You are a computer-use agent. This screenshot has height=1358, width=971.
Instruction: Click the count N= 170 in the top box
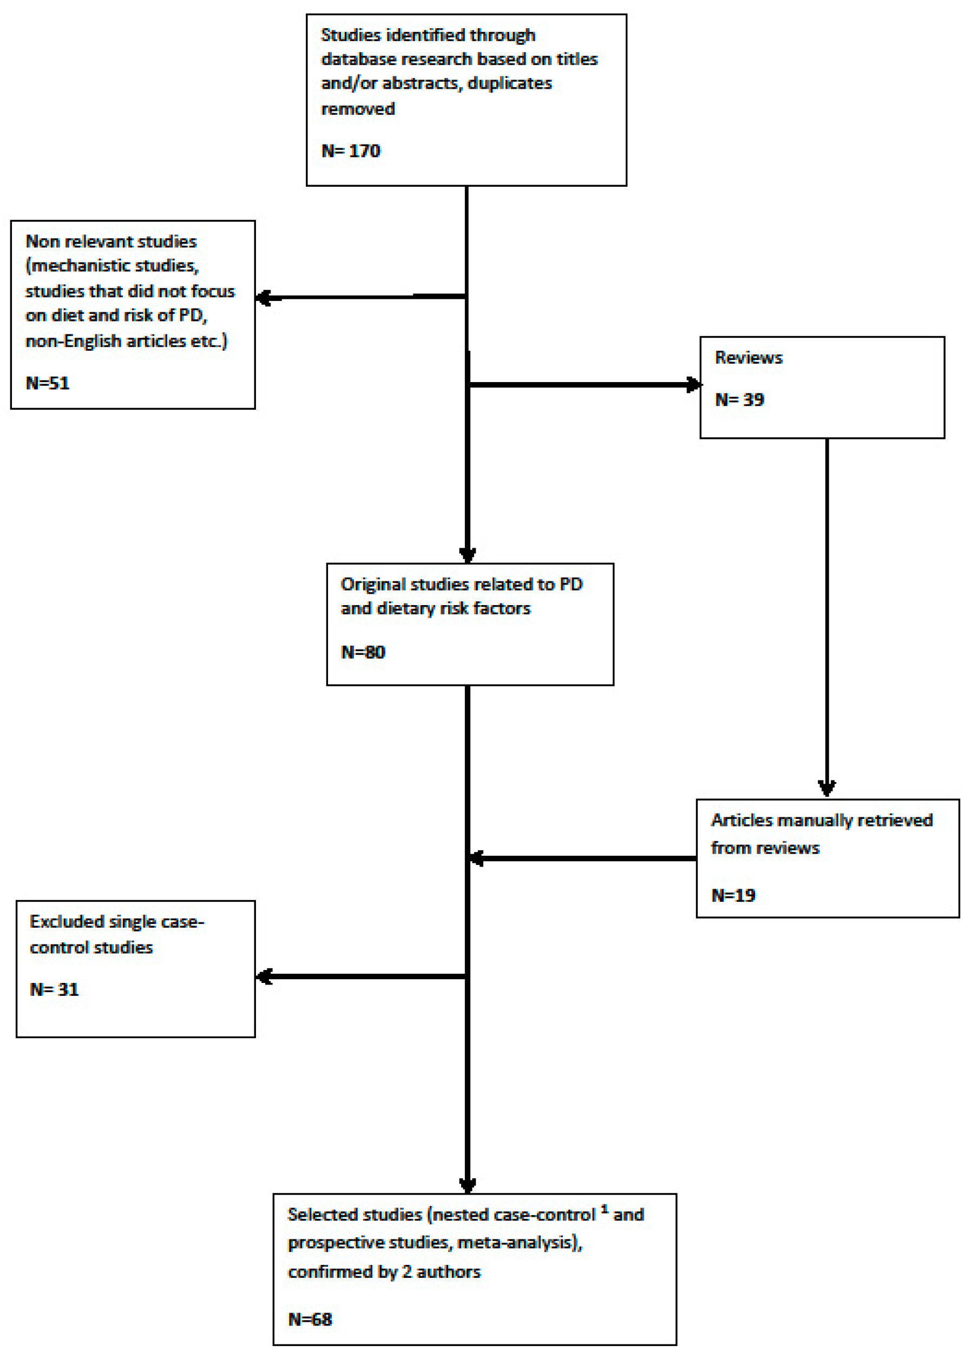(350, 150)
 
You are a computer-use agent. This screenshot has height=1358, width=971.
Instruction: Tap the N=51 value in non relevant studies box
(47, 383)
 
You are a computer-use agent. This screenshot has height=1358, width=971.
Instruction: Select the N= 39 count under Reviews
(739, 399)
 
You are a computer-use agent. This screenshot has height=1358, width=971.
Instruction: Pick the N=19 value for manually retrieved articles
(732, 895)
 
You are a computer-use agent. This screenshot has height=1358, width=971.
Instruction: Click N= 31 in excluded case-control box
(54, 989)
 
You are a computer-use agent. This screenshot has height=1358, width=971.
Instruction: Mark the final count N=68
(309, 1319)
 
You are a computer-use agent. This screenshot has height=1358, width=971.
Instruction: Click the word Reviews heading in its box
(748, 358)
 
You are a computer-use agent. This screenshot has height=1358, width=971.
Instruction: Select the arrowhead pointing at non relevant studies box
(264, 297)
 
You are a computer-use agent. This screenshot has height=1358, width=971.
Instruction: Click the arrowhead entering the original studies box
(468, 554)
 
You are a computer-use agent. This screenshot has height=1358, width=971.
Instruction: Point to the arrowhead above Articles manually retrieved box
(827, 788)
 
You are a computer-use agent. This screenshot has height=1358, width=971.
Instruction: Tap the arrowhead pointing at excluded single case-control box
(264, 976)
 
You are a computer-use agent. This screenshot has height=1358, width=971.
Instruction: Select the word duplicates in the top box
(509, 83)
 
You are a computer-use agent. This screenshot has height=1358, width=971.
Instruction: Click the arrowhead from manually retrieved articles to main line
(476, 858)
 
